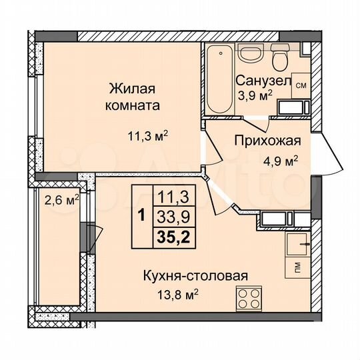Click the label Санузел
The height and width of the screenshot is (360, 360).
(263, 80)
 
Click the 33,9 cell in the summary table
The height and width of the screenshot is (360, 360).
(172, 215)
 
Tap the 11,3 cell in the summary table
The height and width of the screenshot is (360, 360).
(172, 196)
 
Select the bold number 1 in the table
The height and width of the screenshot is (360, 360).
(141, 215)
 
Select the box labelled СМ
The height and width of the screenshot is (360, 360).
(301, 85)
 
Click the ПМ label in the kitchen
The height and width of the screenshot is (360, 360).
(296, 269)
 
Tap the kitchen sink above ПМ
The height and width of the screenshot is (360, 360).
(297, 245)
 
